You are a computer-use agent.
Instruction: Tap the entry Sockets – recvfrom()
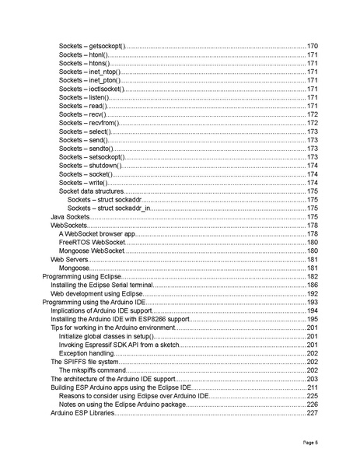[88, 123]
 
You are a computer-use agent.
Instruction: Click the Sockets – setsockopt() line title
[91, 156]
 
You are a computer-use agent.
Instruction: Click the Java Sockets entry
[71, 216]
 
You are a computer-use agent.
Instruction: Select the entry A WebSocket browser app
[97, 233]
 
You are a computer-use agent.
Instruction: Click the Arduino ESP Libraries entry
[82, 412]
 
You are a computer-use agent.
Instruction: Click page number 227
[313, 412]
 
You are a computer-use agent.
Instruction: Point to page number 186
[313, 285]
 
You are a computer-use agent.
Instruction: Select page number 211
[313, 387]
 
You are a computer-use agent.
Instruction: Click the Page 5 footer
[310, 442]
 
